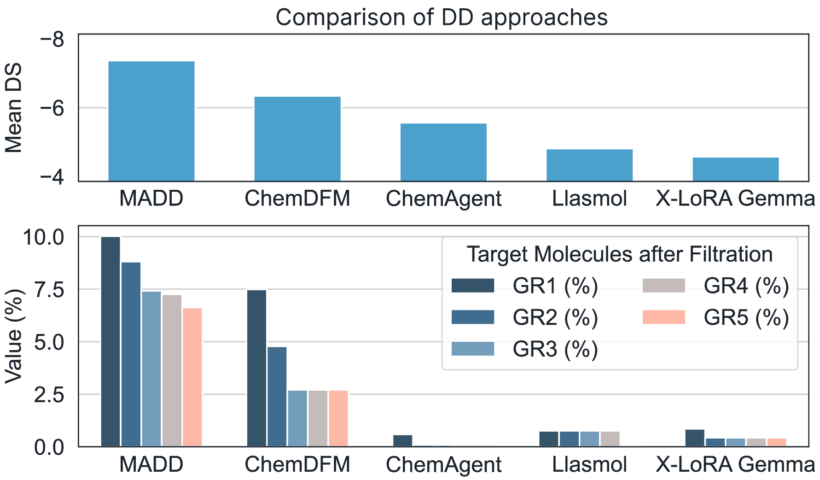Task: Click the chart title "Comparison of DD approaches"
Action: (x=442, y=18)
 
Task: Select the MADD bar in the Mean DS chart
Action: (x=151, y=121)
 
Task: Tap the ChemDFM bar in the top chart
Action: (x=297, y=139)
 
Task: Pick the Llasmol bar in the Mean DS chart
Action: (x=589, y=165)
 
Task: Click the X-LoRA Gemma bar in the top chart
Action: (x=735, y=169)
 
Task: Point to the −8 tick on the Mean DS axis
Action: (x=52, y=40)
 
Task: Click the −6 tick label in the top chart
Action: (x=52, y=108)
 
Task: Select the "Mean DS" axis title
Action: (x=14, y=109)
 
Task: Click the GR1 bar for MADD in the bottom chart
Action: (x=110, y=341)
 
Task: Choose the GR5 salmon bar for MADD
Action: (x=192, y=377)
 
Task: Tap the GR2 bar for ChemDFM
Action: (x=277, y=397)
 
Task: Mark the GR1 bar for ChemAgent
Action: (x=403, y=441)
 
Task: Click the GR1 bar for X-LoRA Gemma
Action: (x=695, y=438)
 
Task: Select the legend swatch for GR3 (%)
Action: (x=473, y=349)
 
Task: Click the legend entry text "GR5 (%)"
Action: (x=746, y=317)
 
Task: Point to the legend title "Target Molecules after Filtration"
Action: (x=619, y=254)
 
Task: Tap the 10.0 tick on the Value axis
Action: (x=44, y=238)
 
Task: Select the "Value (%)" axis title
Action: (x=14, y=336)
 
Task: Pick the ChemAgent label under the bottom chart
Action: (x=443, y=465)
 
